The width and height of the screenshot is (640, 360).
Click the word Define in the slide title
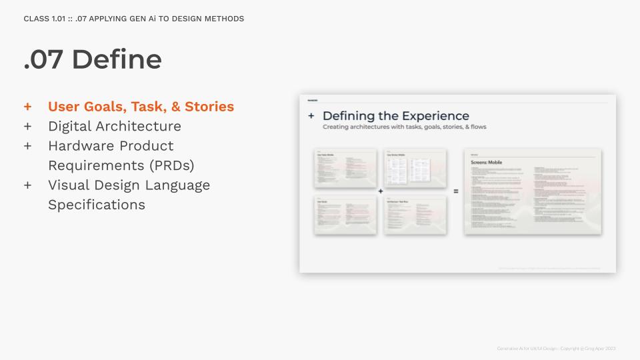(117, 59)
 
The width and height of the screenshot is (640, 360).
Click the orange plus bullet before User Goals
(27, 107)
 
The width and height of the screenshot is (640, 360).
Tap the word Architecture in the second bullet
(141, 126)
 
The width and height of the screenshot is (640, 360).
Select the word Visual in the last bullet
(69, 185)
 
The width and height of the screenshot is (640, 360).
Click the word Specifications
(97, 205)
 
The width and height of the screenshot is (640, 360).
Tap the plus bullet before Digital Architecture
(27, 126)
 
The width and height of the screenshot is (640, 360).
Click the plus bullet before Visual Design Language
(27, 185)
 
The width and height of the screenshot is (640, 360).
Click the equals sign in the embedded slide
(456, 191)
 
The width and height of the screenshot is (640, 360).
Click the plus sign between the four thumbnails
(381, 191)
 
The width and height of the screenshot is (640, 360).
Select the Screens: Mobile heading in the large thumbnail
(487, 163)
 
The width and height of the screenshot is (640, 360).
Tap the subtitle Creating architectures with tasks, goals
(404, 127)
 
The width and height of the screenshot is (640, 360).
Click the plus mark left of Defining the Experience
(311, 116)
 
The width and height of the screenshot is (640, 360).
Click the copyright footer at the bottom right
(556, 349)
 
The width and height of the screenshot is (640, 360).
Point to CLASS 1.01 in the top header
(44, 19)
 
